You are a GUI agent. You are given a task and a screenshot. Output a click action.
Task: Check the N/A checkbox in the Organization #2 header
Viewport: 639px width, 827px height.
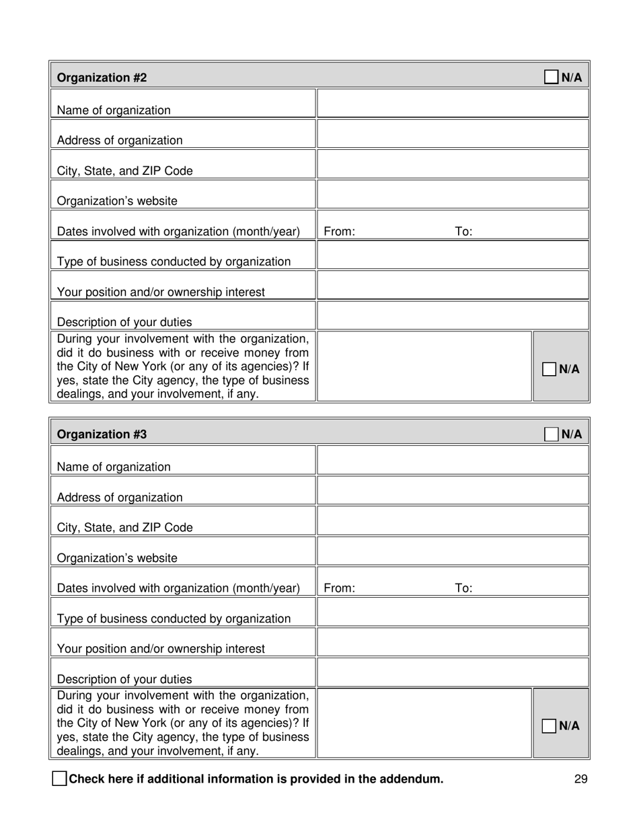(x=551, y=77)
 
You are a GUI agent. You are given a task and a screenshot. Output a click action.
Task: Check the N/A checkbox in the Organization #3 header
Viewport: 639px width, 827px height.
(x=551, y=434)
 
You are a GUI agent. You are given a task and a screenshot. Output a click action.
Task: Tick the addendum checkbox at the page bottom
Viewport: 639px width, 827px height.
(x=59, y=779)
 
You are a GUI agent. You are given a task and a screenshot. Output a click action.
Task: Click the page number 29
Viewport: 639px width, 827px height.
(x=581, y=779)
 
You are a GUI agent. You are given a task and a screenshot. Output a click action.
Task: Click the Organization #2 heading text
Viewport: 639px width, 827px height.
(x=102, y=78)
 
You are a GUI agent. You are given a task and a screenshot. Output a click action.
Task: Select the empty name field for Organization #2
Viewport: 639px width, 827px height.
(x=453, y=104)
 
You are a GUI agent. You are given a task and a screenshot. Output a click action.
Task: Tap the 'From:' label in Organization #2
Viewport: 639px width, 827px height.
(x=340, y=232)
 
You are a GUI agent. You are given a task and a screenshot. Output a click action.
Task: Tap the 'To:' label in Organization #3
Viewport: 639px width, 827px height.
(x=464, y=589)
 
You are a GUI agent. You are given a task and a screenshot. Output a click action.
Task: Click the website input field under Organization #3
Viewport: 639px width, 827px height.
(x=453, y=551)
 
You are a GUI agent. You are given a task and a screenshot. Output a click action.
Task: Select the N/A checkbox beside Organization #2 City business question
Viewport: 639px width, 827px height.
(x=550, y=369)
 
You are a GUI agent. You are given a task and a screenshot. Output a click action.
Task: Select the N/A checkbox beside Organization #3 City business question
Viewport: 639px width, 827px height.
(x=550, y=726)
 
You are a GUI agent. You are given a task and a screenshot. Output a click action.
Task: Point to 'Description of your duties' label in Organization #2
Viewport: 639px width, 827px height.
(x=124, y=323)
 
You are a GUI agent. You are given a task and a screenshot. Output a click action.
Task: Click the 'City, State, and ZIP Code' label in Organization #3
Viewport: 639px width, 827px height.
(x=124, y=528)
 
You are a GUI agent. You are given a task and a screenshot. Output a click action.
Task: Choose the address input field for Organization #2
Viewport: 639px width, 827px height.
(x=453, y=134)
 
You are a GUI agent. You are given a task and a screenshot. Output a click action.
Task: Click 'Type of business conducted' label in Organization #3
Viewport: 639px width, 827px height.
(x=174, y=619)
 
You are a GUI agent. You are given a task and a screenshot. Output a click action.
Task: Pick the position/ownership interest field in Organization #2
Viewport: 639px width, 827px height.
(x=453, y=286)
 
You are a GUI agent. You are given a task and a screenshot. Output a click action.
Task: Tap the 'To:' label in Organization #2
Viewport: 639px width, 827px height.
(x=464, y=232)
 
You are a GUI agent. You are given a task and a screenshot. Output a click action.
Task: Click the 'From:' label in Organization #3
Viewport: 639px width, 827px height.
(x=340, y=589)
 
